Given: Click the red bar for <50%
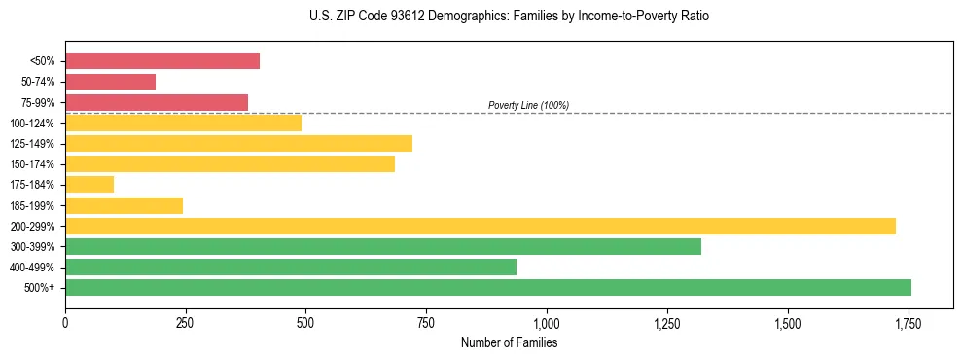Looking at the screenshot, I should click(x=162, y=61).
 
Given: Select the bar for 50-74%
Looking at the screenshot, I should click(x=110, y=82).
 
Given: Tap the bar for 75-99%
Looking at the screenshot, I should click(x=157, y=102).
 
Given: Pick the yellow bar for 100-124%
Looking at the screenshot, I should click(x=183, y=123).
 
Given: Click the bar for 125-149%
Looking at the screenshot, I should click(x=238, y=143).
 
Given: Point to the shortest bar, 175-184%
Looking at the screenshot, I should click(x=89, y=184).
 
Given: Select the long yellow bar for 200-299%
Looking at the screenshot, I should click(x=481, y=226).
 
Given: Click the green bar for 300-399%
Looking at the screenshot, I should click(x=383, y=246).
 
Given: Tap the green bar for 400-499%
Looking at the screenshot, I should click(x=291, y=267).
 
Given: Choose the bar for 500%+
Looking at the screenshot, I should click(x=488, y=287).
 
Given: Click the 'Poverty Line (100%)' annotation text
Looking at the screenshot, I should click(x=528, y=105).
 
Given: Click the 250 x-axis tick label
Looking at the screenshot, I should click(x=186, y=322).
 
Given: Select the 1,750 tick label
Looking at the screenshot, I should click(x=909, y=322).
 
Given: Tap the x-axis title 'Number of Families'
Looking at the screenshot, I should click(x=509, y=342).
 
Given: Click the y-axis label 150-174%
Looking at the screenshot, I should click(x=32, y=164).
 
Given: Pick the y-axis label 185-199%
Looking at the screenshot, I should click(x=32, y=205).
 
